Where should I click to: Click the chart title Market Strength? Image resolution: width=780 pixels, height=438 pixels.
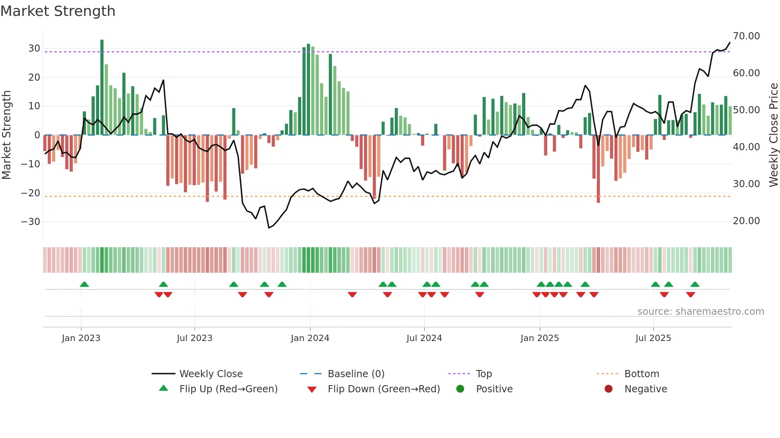(x=58, y=11)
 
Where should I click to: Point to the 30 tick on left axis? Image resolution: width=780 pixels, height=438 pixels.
(x=34, y=48)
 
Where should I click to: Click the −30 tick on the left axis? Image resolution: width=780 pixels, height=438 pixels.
(x=31, y=222)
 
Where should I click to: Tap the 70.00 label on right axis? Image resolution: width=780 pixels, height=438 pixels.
(x=746, y=36)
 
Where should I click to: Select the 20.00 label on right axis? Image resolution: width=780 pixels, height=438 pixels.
(x=746, y=221)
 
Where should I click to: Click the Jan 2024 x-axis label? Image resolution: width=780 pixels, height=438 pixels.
(x=310, y=338)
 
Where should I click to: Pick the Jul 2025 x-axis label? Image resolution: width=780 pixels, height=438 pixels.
(x=653, y=338)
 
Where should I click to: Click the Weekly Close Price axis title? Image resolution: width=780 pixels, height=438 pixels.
(x=773, y=135)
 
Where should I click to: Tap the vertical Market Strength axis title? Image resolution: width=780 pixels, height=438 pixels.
(x=6, y=135)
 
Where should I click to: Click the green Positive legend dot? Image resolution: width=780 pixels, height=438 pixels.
(x=460, y=389)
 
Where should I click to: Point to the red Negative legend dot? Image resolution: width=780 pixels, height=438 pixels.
(x=608, y=389)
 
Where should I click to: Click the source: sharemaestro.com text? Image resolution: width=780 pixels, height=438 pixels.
(x=700, y=312)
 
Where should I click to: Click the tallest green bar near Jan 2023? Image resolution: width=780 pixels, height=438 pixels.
(x=102, y=87)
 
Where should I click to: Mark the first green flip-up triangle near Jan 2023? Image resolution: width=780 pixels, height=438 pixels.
(x=84, y=284)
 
